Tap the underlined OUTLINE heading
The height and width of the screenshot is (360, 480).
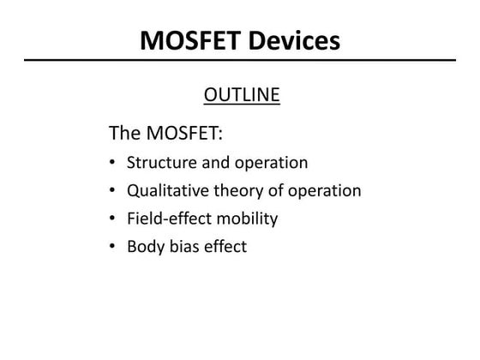242,94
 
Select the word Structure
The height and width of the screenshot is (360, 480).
161,162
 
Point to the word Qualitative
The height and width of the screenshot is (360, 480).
168,190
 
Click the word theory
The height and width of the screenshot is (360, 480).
240,190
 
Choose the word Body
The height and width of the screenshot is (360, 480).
145,247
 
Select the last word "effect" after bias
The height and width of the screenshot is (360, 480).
225,247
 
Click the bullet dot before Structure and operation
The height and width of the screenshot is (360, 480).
114,163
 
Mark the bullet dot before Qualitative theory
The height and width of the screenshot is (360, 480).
114,191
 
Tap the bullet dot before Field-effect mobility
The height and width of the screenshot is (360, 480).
114,219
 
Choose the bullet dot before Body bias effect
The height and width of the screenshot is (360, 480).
114,248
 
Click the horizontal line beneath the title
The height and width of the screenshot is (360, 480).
240,61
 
